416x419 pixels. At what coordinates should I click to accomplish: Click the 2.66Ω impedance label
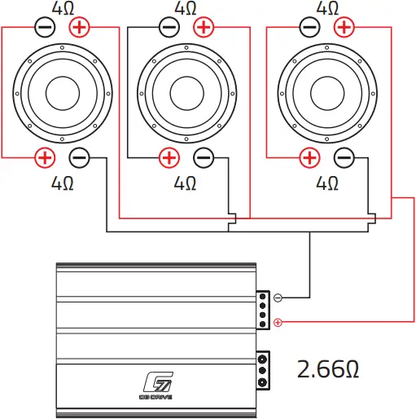click(327, 368)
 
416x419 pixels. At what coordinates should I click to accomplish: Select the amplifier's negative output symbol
click(278, 298)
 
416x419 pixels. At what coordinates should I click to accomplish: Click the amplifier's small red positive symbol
click(278, 323)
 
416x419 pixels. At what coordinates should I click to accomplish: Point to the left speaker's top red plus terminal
click(80, 28)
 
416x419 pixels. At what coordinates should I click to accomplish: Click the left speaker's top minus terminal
click(46, 28)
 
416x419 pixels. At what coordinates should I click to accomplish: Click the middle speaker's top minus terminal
click(169, 28)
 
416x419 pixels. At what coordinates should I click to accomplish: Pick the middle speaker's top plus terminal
click(204, 28)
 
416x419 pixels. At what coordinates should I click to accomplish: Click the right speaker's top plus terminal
click(344, 28)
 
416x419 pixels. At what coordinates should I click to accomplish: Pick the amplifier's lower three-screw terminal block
click(263, 370)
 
